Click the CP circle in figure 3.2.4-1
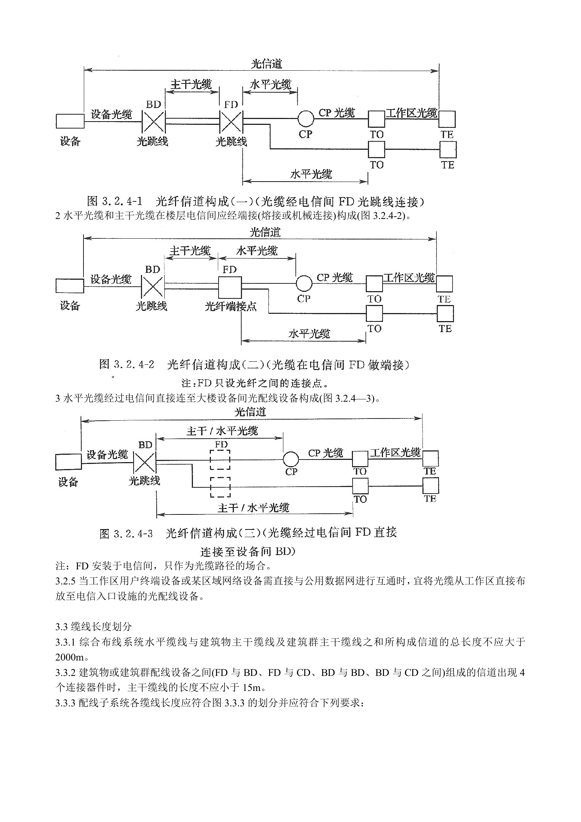pos(306,119)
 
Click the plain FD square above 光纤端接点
pos(230,287)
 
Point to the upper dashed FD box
pos(220,460)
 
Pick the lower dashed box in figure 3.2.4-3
pos(220,487)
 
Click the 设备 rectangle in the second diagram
pos(70,286)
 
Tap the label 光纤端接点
pos(231,306)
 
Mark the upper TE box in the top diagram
pos(447,119)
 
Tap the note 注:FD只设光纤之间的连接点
pos(255,383)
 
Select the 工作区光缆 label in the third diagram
pos(395,453)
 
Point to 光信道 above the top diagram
pos(267,64)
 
